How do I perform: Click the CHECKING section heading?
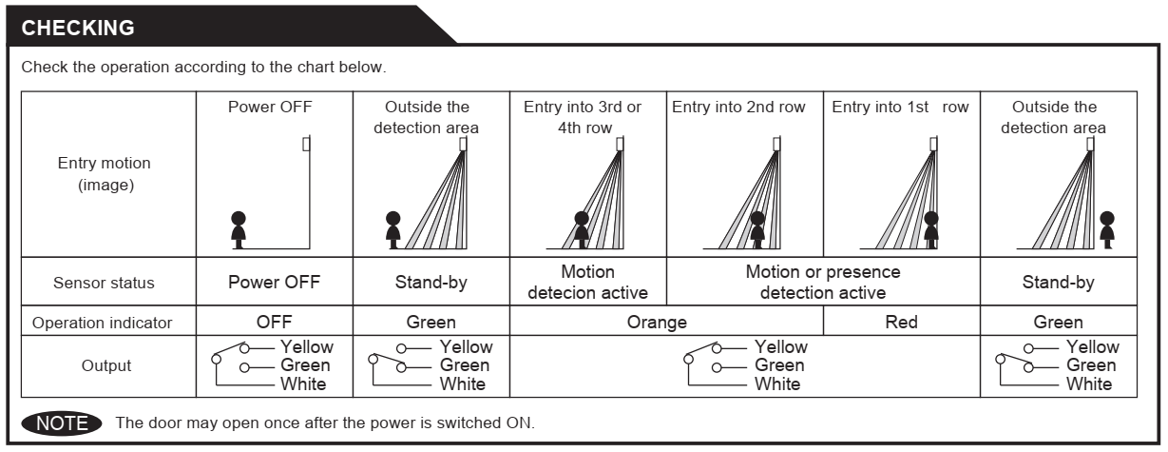coord(78,28)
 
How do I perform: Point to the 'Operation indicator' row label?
coord(104,324)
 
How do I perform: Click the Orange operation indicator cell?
coord(656,324)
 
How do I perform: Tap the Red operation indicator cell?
coord(901,324)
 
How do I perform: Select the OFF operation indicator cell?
coord(275,324)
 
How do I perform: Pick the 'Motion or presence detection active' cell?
coord(823,282)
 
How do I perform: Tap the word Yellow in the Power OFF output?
coord(307,348)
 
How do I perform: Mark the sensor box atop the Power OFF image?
coord(305,145)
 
